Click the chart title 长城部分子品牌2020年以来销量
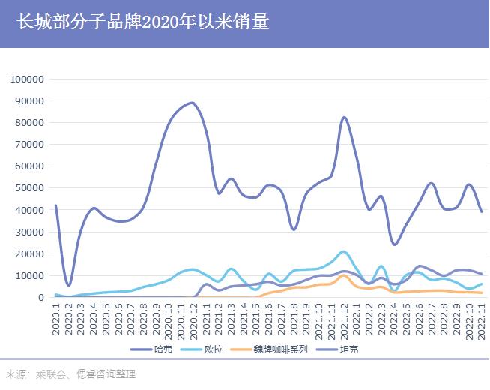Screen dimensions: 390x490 (142, 22)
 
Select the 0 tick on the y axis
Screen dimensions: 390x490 (42, 297)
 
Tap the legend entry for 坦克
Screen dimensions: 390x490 (348, 350)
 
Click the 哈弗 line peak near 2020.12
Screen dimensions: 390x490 (193, 103)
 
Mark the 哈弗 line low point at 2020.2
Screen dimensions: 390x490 (69, 285)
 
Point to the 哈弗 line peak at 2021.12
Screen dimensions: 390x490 (343, 118)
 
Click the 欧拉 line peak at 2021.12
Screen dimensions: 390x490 (343, 251)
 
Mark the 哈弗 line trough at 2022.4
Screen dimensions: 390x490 (394, 244)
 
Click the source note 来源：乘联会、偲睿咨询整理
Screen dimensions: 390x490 (71, 374)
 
